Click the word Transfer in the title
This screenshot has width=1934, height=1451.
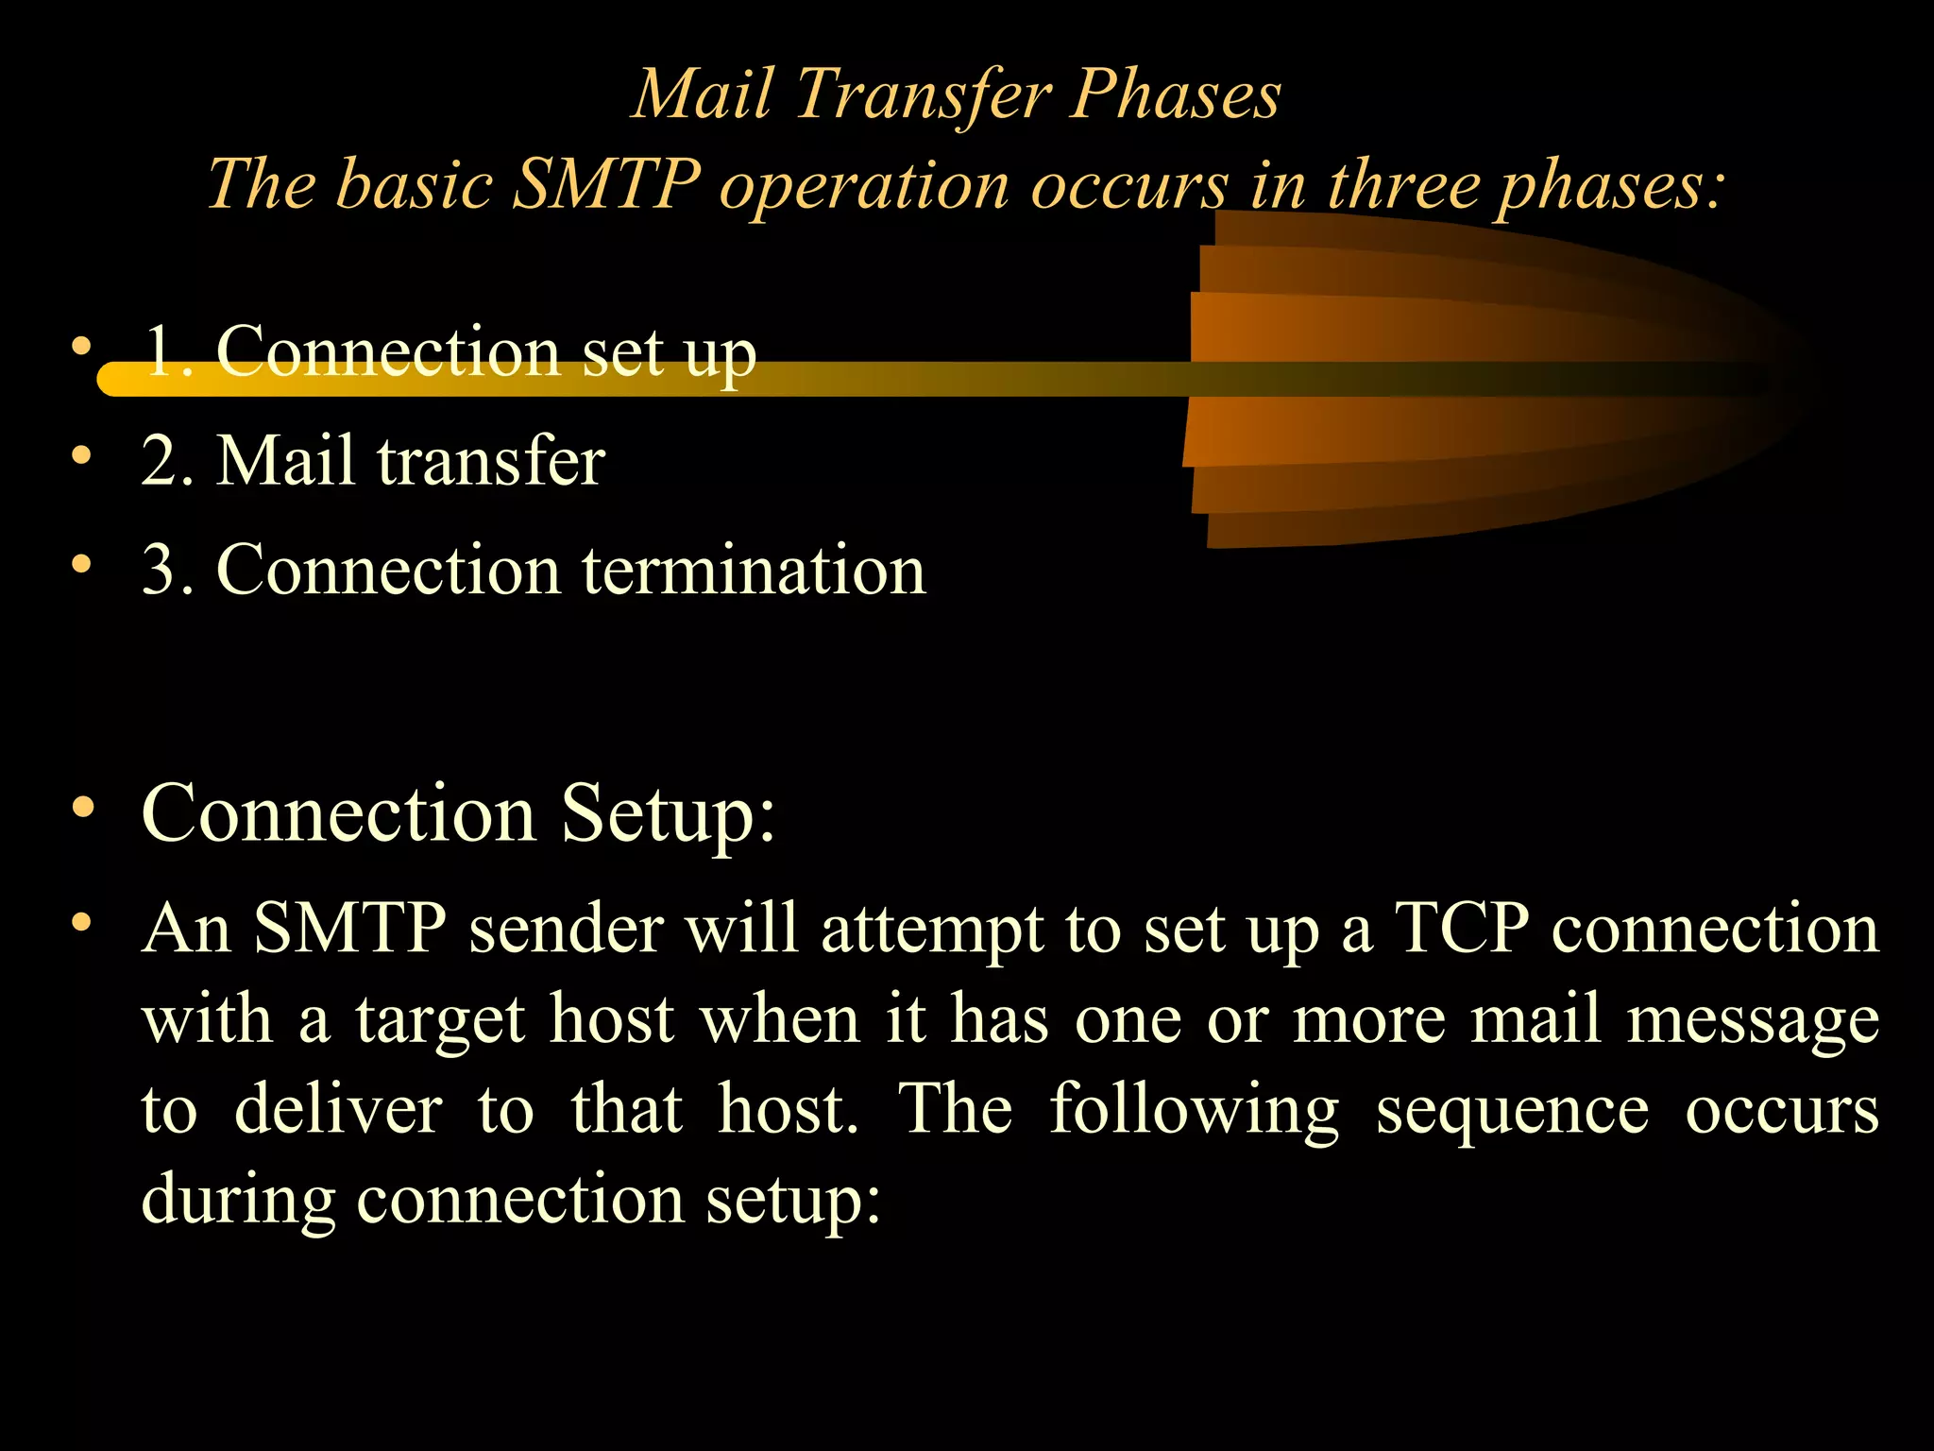[922, 95]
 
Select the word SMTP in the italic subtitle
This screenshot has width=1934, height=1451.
[606, 183]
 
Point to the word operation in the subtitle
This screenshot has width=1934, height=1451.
[863, 185]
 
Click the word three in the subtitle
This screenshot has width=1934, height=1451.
[1404, 183]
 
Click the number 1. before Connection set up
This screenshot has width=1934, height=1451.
[170, 351]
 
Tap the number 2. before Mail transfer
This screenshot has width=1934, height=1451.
[168, 461]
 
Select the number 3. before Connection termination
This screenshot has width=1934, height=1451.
[168, 571]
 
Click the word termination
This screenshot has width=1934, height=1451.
[754, 571]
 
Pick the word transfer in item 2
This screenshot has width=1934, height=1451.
[491, 461]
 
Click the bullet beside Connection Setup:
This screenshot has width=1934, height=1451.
[83, 808]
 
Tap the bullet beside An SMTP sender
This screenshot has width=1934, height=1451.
[83, 921]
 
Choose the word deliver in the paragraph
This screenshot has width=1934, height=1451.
[338, 1109]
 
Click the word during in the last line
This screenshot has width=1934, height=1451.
[238, 1200]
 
